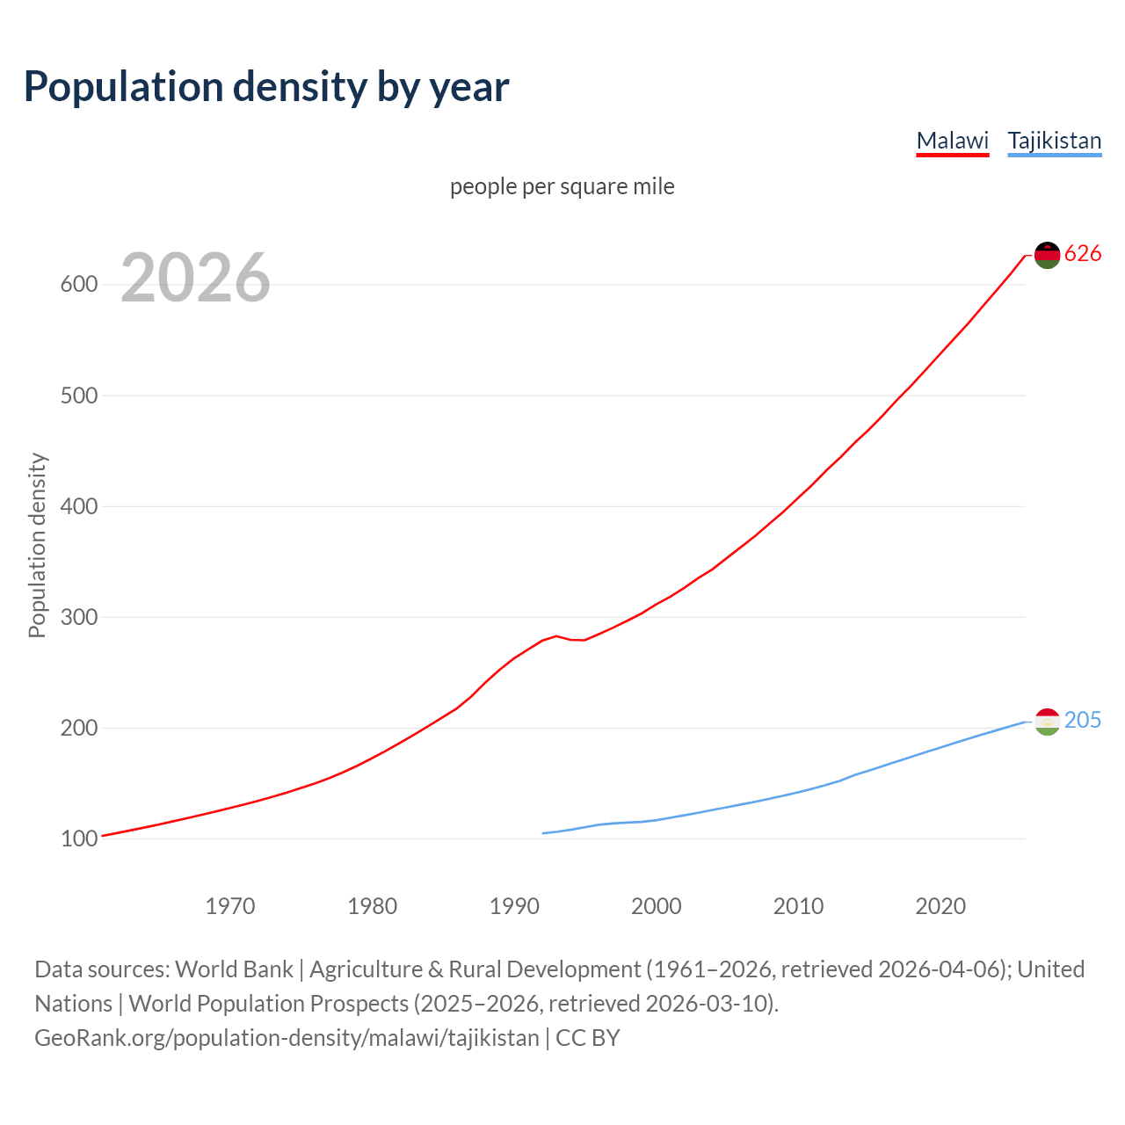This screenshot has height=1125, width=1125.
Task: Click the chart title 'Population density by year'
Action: pyautogui.click(x=266, y=86)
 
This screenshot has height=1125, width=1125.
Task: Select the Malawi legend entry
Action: pyautogui.click(x=952, y=141)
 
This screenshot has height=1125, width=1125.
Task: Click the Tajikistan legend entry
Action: pyautogui.click(x=1054, y=141)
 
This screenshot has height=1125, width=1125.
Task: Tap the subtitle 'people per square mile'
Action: pyautogui.click(x=562, y=186)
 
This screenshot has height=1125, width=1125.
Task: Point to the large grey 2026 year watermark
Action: pyautogui.click(x=195, y=278)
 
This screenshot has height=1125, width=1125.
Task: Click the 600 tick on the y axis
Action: pyautogui.click(x=78, y=285)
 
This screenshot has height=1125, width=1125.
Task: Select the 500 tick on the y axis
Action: pyautogui.click(x=78, y=396)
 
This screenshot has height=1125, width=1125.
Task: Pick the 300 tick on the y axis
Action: pyautogui.click(x=78, y=617)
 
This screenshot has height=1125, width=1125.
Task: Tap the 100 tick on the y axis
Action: pyautogui.click(x=78, y=838)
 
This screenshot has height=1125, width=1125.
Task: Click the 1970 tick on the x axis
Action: pyautogui.click(x=230, y=905)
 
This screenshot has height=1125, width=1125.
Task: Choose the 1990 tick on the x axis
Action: pyautogui.click(x=514, y=905)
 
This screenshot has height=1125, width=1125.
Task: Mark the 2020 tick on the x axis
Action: pyautogui.click(x=940, y=905)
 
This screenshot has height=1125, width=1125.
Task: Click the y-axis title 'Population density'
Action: pyautogui.click(x=37, y=545)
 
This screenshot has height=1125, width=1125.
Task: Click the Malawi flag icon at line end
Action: pyautogui.click(x=1047, y=255)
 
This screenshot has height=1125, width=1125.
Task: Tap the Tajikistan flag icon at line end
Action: pyautogui.click(x=1047, y=722)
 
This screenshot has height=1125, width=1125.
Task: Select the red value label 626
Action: pyautogui.click(x=1083, y=254)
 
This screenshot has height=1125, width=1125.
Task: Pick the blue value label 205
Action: pyautogui.click(x=1083, y=721)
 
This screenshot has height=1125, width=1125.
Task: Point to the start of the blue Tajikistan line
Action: pyautogui.click(x=543, y=833)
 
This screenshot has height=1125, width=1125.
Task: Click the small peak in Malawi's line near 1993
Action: pyautogui.click(x=555, y=635)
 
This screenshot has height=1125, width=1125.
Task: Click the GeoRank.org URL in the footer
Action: pyautogui.click(x=287, y=1038)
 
